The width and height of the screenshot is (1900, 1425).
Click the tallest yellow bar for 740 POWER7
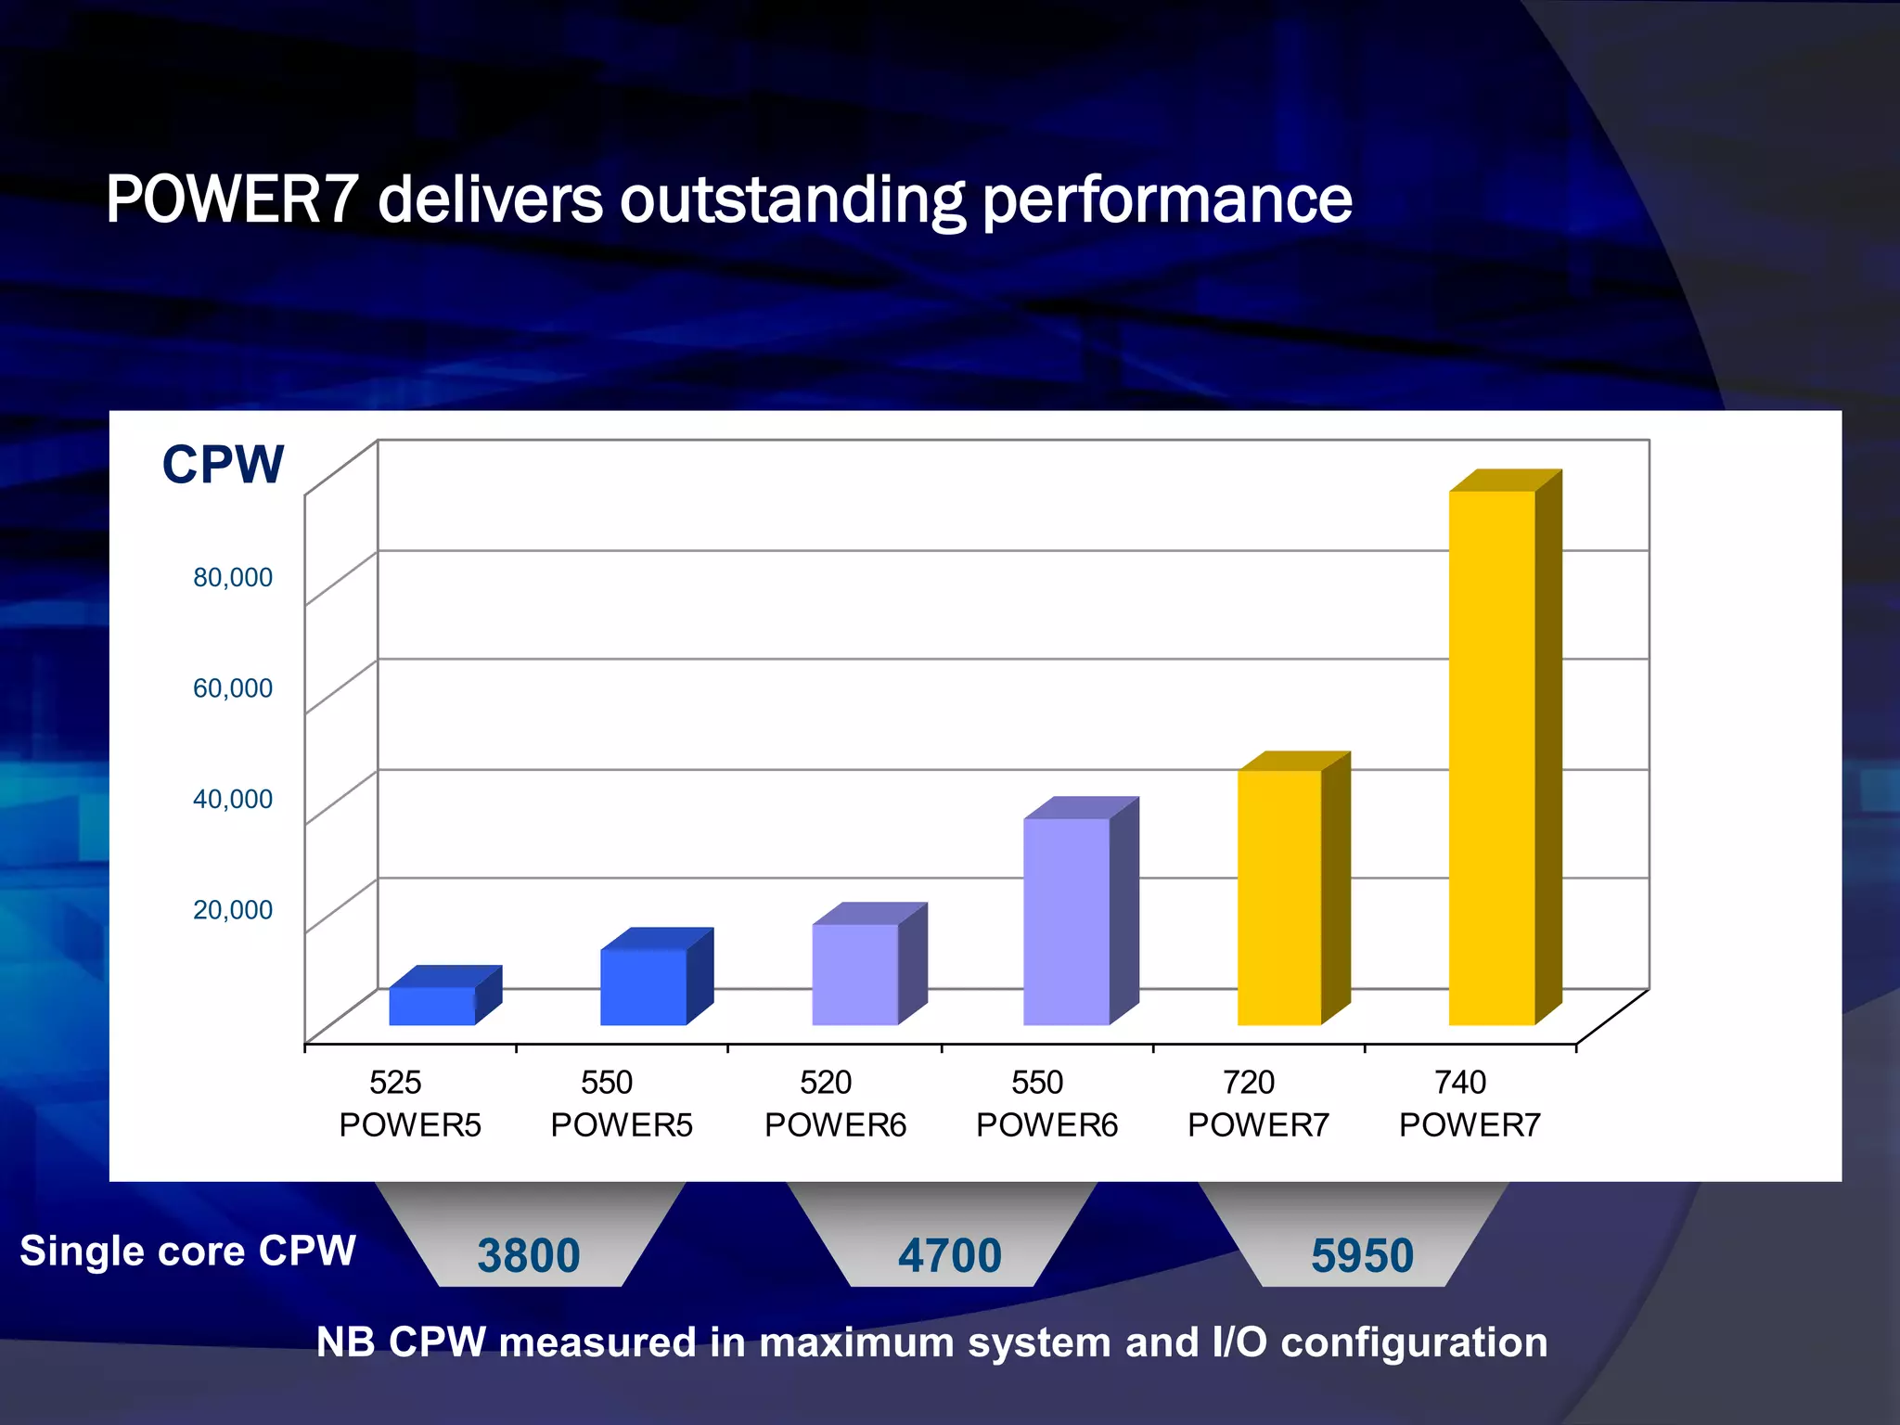pos(1492,756)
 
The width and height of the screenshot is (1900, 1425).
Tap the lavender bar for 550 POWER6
pos(1067,921)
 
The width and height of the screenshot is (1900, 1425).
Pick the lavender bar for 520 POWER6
pos(855,974)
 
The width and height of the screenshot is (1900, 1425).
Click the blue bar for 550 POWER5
pos(643,987)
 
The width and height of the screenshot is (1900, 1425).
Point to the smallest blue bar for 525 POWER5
pos(431,1006)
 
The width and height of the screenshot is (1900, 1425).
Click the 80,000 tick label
pos(233,577)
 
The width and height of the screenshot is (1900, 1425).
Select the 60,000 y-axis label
pos(233,688)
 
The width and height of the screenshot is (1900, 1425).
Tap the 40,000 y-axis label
pos(233,799)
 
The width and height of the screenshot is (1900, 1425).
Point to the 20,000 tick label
pos(233,909)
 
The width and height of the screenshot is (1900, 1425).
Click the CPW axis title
pos(223,464)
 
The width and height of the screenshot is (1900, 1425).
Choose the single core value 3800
pos(529,1255)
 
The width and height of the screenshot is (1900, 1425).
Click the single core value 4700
pos(950,1255)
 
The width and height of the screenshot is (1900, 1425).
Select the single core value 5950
pos(1362,1255)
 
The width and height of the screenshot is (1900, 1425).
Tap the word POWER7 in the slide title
pos(232,199)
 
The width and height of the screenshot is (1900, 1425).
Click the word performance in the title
pos(1167,201)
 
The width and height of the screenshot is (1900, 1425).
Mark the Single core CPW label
pos(188,1251)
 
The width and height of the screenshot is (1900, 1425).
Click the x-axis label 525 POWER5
pos(409,1103)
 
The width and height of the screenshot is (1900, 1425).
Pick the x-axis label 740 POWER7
pos(1470,1103)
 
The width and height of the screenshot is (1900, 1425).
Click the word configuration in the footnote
pos(1414,1342)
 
